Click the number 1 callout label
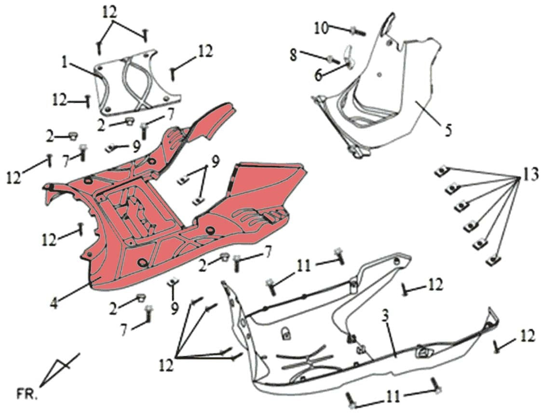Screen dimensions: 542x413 click(64, 63)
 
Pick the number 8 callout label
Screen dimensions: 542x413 click(294, 54)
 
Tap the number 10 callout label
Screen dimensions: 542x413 click(321, 28)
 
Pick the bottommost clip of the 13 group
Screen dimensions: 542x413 click(493, 261)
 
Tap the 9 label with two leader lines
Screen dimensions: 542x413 click(216, 161)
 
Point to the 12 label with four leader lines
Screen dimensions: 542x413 click(166, 366)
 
